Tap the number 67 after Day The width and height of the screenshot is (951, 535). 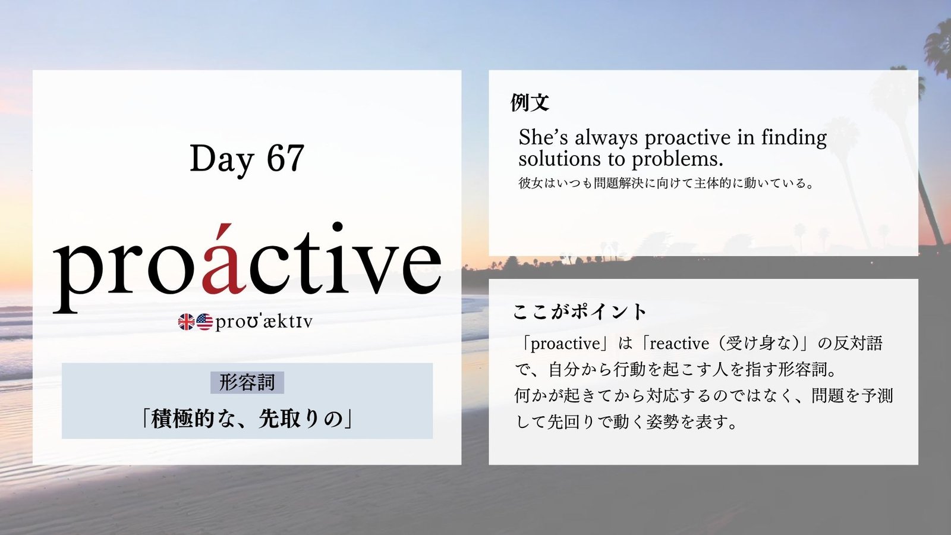coord(285,158)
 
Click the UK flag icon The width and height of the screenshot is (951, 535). coord(187,322)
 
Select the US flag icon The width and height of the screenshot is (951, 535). coord(204,322)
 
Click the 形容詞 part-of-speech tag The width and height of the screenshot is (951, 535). coord(247,382)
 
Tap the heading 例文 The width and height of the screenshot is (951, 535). coord(530,102)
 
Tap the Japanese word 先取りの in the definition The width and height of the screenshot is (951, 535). coord(301,420)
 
